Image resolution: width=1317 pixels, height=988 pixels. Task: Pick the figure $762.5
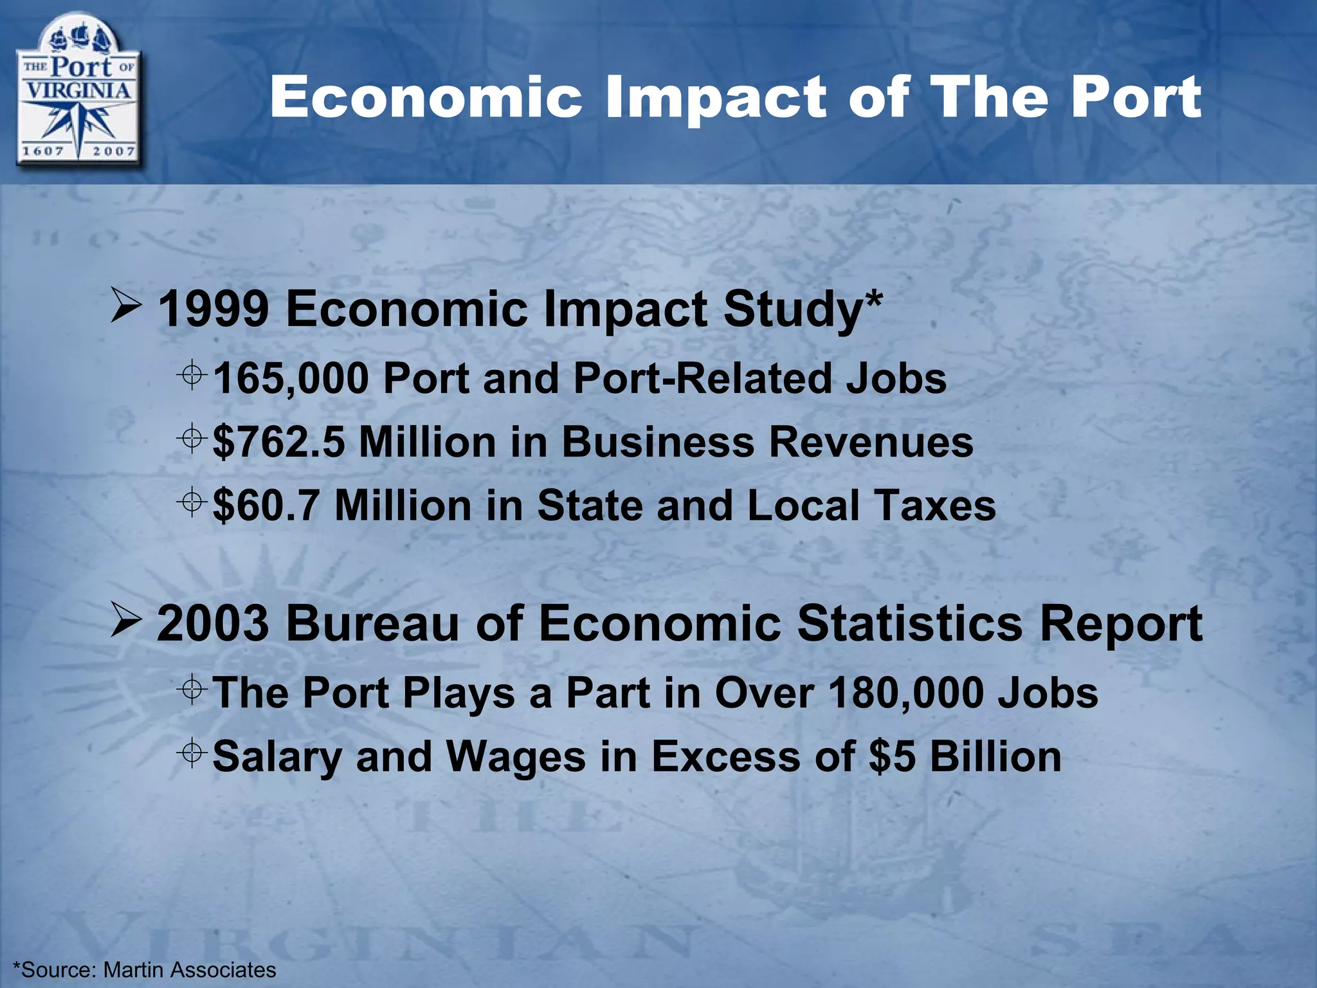(278, 443)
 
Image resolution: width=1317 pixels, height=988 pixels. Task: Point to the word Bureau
(373, 623)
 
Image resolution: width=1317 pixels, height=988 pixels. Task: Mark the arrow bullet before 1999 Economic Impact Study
(126, 307)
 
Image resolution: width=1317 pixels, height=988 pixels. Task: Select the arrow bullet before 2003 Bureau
(126, 621)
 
